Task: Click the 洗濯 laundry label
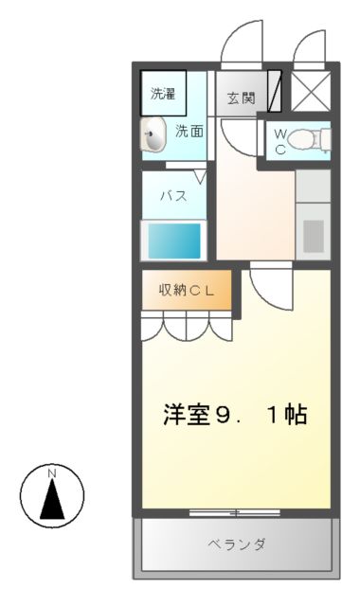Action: (x=163, y=94)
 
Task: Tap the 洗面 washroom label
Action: (x=188, y=133)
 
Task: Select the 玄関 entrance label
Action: (x=241, y=98)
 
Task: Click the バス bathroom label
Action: (x=171, y=196)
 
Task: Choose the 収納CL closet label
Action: (x=187, y=291)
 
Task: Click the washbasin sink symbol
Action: (x=154, y=135)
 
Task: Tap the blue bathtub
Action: (x=172, y=241)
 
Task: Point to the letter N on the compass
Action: (x=53, y=472)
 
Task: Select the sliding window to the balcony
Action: (x=235, y=513)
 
